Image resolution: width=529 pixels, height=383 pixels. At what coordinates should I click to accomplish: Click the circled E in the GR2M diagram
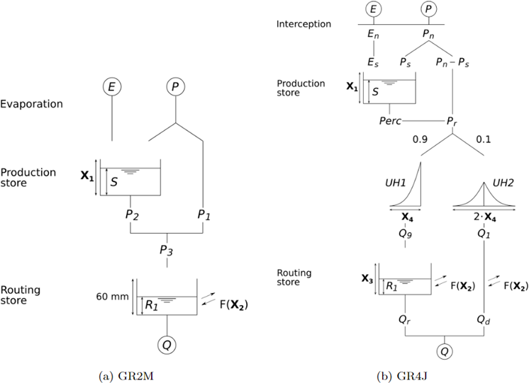pyautogui.click(x=111, y=86)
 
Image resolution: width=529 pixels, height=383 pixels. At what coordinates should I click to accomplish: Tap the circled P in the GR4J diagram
pyautogui.click(x=428, y=8)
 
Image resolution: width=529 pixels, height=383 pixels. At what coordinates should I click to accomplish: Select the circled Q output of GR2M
pyautogui.click(x=167, y=345)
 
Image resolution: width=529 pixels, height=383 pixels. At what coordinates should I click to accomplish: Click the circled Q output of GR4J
pyautogui.click(x=445, y=351)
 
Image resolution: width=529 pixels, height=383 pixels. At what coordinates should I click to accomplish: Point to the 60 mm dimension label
pyautogui.click(x=112, y=297)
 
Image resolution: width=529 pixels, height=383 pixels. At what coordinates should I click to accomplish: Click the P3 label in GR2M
pyautogui.click(x=167, y=251)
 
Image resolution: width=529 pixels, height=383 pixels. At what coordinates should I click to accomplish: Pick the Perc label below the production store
pyautogui.click(x=390, y=120)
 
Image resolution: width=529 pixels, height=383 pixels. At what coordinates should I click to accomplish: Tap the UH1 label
pyautogui.click(x=396, y=183)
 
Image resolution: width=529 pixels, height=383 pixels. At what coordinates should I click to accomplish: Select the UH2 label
pyautogui.click(x=503, y=183)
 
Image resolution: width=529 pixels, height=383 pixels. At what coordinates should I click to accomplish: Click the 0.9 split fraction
pyautogui.click(x=420, y=139)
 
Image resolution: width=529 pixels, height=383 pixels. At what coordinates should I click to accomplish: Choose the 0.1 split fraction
pyautogui.click(x=483, y=139)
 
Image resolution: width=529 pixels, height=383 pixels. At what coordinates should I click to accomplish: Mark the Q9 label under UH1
pyautogui.click(x=405, y=234)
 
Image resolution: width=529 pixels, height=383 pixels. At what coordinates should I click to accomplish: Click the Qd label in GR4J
pyautogui.click(x=484, y=319)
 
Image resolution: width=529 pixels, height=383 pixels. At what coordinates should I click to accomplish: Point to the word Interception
pyautogui.click(x=304, y=24)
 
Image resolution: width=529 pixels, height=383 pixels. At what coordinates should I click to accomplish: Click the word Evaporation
pyautogui.click(x=31, y=104)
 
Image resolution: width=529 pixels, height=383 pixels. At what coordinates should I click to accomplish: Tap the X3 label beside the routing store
pyautogui.click(x=367, y=279)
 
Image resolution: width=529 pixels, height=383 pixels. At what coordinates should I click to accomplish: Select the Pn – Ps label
pyautogui.click(x=452, y=62)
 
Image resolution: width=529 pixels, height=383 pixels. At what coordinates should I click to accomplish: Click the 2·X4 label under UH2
pyautogui.click(x=485, y=217)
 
